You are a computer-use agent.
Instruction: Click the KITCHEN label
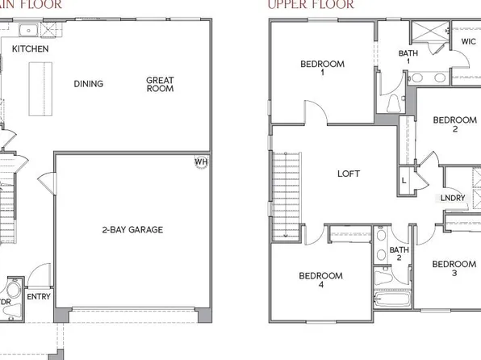[x=31, y=49]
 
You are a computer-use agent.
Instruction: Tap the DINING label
[x=88, y=84]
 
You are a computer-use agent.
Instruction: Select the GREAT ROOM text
[x=161, y=85]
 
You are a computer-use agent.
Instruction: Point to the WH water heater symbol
[x=199, y=161]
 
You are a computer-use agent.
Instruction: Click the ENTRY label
[x=39, y=296]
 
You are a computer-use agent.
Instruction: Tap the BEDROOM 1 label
[x=322, y=69]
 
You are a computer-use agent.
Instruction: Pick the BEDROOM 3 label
[x=454, y=269]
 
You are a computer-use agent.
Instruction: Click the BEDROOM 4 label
[x=320, y=280]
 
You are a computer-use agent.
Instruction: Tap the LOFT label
[x=348, y=174]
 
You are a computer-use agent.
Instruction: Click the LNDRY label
[x=453, y=197]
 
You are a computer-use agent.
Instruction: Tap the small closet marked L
[x=404, y=180]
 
